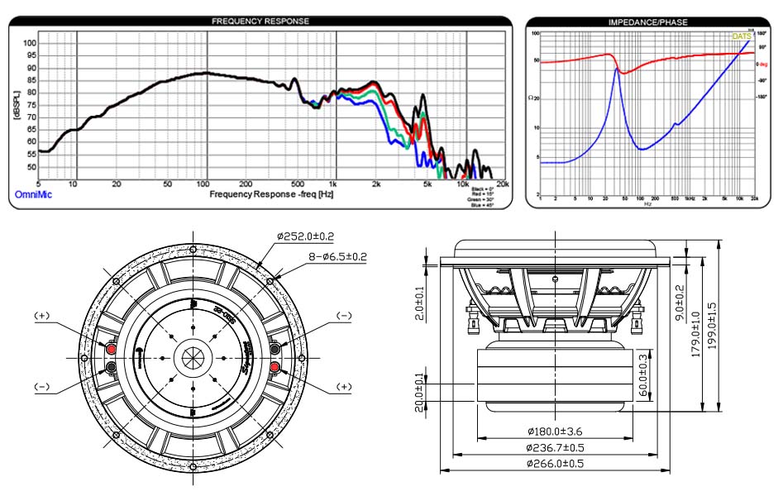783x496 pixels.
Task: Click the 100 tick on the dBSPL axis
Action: coord(30,43)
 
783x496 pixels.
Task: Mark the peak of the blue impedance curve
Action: coord(615,69)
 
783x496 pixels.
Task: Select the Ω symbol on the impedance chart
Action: coord(530,98)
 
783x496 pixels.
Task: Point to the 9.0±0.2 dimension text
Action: coord(680,305)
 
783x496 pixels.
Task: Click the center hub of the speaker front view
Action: coord(192,356)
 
